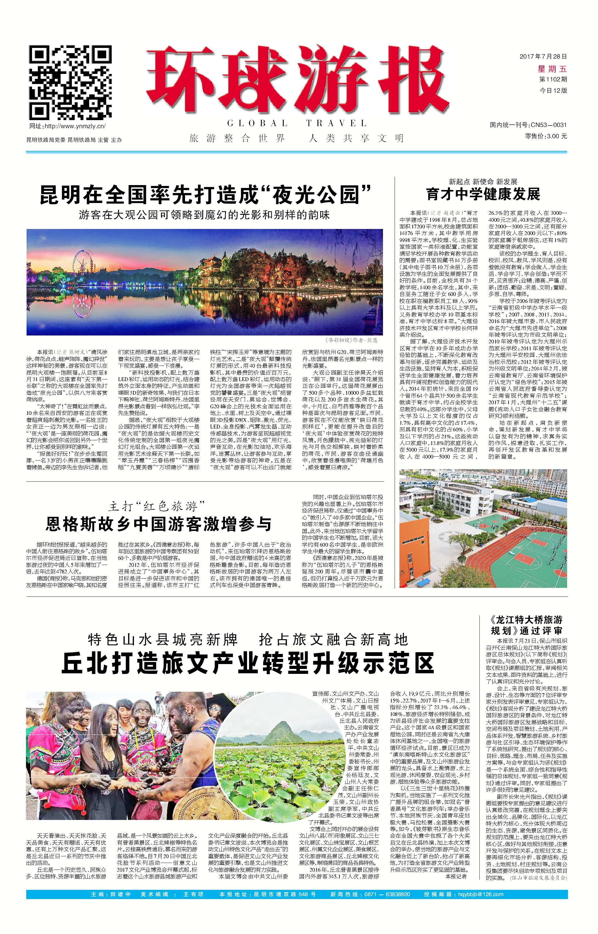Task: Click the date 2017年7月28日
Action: tap(543, 57)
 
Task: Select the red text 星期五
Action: tap(552, 69)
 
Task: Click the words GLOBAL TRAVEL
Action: tap(297, 124)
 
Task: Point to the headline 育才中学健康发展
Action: tap(483, 194)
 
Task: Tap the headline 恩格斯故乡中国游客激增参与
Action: tap(158, 524)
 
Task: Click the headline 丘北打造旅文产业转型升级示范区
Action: tap(247, 663)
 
